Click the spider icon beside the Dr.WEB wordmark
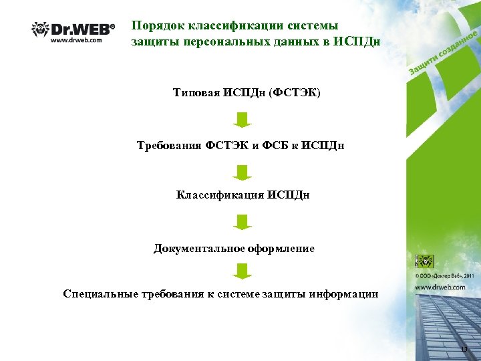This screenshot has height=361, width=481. coord(40,29)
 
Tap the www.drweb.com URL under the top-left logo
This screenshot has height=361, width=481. coord(77,40)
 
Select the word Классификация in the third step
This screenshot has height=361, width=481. coord(220,195)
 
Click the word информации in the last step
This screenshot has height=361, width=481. coord(345,294)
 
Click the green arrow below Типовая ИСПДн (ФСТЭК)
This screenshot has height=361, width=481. coord(243,120)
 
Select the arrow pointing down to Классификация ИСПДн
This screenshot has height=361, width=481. coord(243,172)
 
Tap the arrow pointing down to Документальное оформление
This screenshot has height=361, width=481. coord(243,222)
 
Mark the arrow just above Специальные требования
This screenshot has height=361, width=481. coord(243,271)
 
